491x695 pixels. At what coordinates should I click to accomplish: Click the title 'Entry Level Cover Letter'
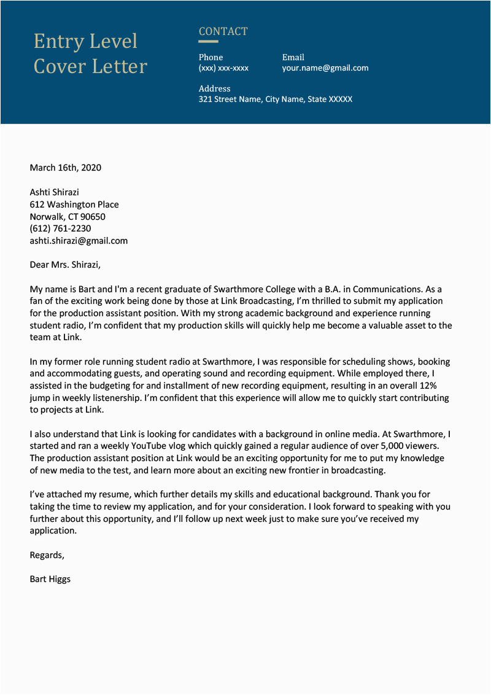[x=90, y=54]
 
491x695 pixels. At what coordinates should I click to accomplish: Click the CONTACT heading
[x=223, y=31]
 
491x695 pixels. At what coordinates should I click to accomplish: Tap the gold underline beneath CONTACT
[x=208, y=42]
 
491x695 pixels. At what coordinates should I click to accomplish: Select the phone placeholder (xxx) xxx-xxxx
[x=223, y=68]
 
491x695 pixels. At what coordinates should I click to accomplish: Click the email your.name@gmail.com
[x=325, y=68]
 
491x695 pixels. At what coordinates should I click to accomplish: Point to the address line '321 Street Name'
[x=276, y=99]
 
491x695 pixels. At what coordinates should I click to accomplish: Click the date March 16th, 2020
[x=66, y=168]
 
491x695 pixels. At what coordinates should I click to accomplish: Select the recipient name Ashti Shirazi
[x=55, y=192]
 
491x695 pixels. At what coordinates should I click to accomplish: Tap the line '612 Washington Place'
[x=74, y=204]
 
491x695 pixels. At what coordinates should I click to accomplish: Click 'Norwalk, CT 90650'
[x=68, y=217]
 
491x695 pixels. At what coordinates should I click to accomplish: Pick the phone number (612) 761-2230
[x=60, y=228]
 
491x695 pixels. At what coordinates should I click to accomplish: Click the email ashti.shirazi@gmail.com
[x=79, y=241]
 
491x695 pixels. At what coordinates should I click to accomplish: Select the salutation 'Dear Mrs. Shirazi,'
[x=64, y=265]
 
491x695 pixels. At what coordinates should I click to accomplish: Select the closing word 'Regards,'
[x=47, y=555]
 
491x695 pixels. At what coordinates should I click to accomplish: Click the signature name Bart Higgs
[x=50, y=579]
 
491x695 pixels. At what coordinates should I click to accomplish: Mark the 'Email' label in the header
[x=293, y=57]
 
